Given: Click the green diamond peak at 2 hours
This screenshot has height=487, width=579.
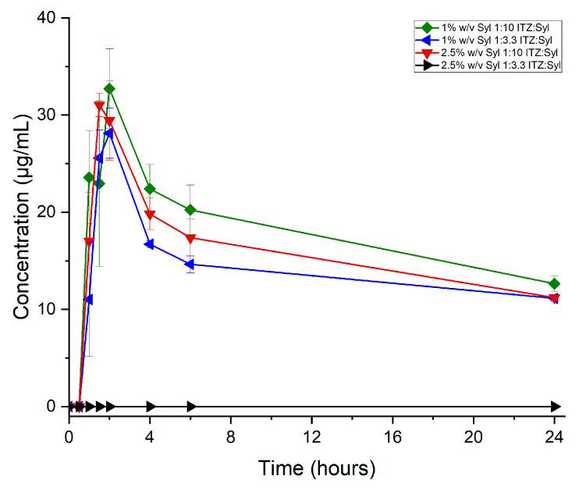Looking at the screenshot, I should [109, 89].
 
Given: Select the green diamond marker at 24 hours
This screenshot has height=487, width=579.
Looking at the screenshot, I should [555, 283].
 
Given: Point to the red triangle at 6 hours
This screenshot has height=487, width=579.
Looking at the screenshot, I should [190, 238].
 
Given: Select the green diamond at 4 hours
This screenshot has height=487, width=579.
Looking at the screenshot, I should [150, 189].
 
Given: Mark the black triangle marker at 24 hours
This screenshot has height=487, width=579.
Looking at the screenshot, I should [556, 407].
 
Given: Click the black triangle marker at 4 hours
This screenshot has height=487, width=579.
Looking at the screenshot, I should [151, 407].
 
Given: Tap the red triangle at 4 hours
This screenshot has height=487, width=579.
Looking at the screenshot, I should [150, 215].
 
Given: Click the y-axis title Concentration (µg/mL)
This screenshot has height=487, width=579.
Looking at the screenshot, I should [21, 222].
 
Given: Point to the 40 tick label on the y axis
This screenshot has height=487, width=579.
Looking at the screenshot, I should [48, 18].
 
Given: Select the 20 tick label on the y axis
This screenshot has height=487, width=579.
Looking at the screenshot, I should [48, 212].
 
